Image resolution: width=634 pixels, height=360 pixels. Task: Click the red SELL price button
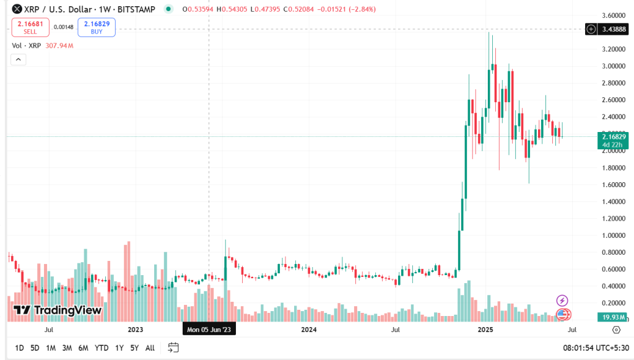[30, 27]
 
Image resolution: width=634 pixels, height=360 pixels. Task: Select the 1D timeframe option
[19, 348]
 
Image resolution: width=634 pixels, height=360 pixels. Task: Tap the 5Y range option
[134, 348]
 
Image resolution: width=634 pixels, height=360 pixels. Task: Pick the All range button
[150, 348]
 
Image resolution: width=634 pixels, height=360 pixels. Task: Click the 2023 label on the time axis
[135, 330]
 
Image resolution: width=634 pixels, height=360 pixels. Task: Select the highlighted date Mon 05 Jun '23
[209, 330]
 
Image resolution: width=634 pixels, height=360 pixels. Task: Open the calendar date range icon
[173, 348]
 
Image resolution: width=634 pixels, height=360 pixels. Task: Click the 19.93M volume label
[610, 317]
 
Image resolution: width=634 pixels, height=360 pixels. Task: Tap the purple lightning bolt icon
[562, 301]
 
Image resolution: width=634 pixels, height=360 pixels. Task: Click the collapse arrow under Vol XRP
[18, 59]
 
